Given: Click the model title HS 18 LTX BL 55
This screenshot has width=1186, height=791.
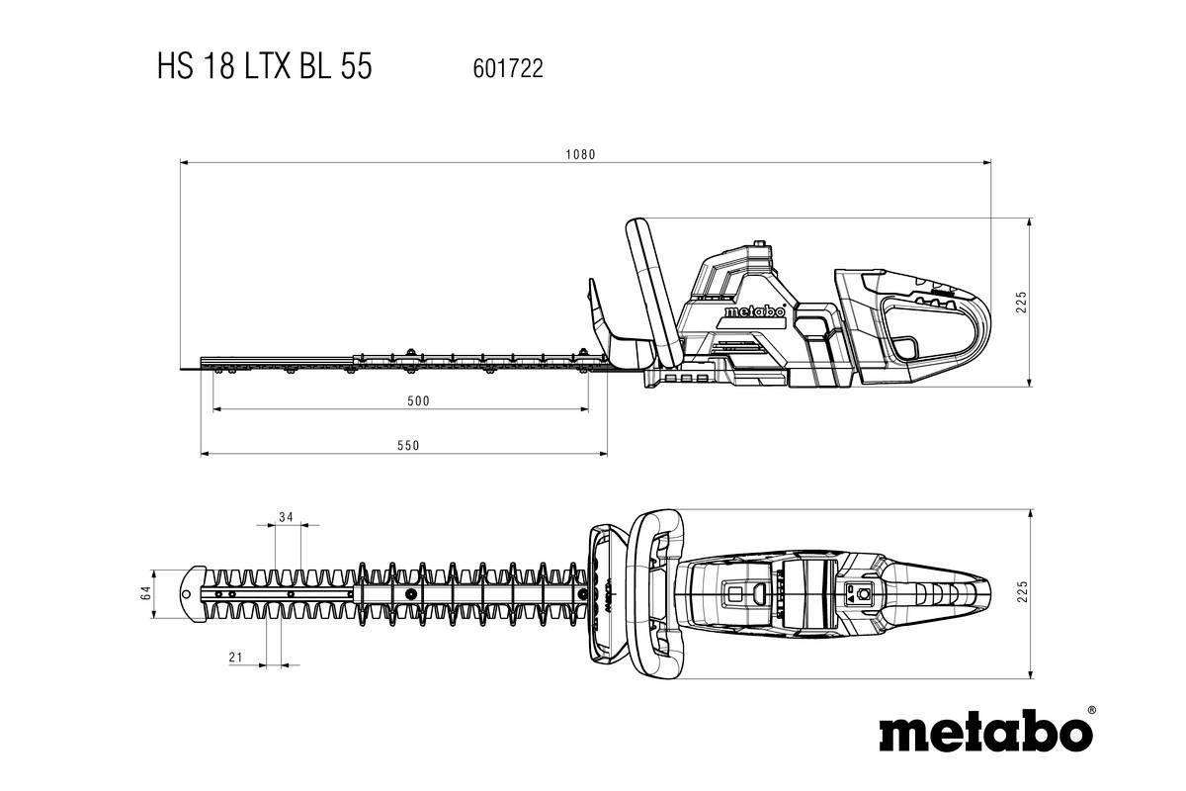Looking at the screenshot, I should pyautogui.click(x=263, y=67).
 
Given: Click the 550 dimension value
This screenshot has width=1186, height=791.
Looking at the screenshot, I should pyautogui.click(x=408, y=445).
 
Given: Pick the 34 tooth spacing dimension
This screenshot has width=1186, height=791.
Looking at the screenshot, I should pyautogui.click(x=287, y=517).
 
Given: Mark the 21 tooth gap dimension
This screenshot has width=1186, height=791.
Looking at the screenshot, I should pyautogui.click(x=235, y=658).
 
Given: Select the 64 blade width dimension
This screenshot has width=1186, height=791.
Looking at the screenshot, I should pyautogui.click(x=145, y=593).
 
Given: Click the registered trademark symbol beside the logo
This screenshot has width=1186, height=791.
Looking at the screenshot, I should pyautogui.click(x=1090, y=710).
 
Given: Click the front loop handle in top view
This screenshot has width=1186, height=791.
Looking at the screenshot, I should pyautogui.click(x=656, y=593).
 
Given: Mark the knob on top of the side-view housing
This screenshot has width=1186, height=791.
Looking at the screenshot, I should pyautogui.click(x=760, y=242).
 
